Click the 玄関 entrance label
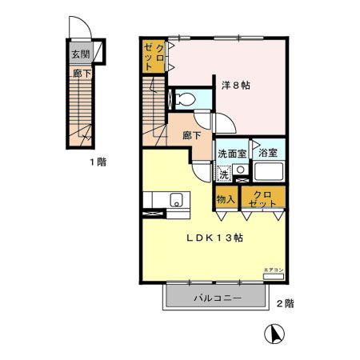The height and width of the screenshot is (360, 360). click(x=80, y=55)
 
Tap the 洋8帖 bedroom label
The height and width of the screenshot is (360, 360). click(x=236, y=86)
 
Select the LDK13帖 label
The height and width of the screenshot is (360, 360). click(x=215, y=238)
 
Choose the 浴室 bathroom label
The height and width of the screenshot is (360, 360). click(x=267, y=153)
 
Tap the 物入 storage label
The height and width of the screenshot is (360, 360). click(x=226, y=198)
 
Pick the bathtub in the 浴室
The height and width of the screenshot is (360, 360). click(x=269, y=173)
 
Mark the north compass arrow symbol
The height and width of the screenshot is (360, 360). click(x=274, y=334)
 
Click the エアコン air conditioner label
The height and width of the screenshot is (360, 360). click(x=273, y=273)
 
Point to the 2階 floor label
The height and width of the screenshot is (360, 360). click(x=285, y=303)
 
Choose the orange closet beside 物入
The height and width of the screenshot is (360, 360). click(x=262, y=198)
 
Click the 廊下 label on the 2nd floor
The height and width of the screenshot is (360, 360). click(x=190, y=137)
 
